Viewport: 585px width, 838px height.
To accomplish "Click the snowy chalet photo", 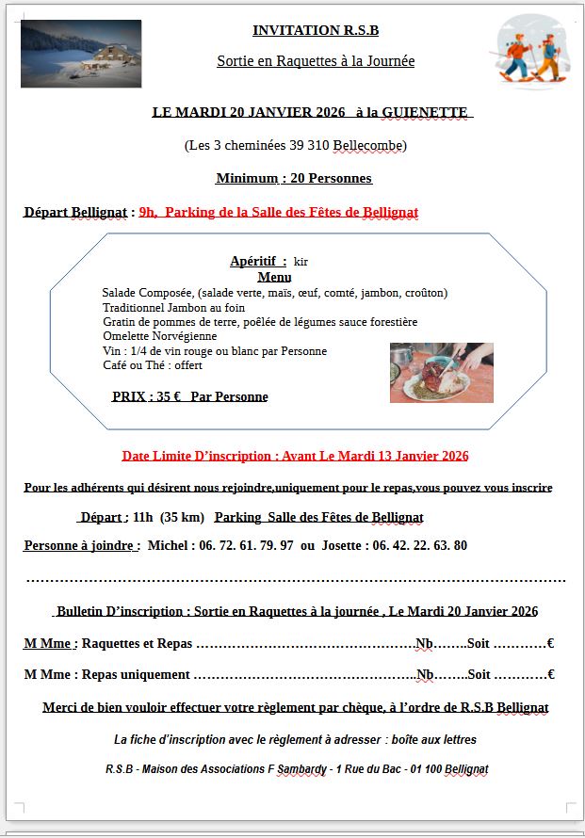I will point(81,53).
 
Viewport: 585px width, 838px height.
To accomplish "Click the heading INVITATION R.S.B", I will point(315,30).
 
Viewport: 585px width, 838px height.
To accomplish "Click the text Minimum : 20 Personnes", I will point(294,178).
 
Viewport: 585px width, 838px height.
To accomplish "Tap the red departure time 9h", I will point(148,213).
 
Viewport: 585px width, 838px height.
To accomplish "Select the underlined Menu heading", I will point(274,277).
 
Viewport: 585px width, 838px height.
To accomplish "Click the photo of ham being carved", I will point(441,372).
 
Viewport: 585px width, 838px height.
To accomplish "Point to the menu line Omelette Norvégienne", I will point(160,336).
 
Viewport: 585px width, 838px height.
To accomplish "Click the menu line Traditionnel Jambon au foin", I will point(173,307).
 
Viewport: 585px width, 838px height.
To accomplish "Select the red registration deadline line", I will point(295,456).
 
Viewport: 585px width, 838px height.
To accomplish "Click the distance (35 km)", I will point(182,517).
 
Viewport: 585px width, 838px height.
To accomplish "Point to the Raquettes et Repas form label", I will point(137,644).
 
